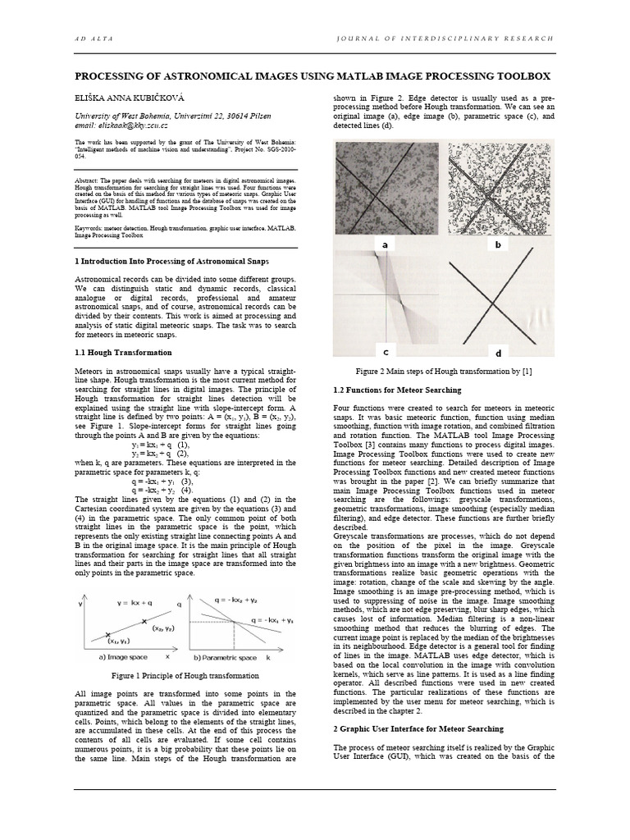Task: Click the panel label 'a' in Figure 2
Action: point(384,244)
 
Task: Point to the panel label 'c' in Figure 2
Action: point(385,351)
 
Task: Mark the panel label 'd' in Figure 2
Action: point(498,353)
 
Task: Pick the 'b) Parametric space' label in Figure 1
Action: point(224,658)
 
